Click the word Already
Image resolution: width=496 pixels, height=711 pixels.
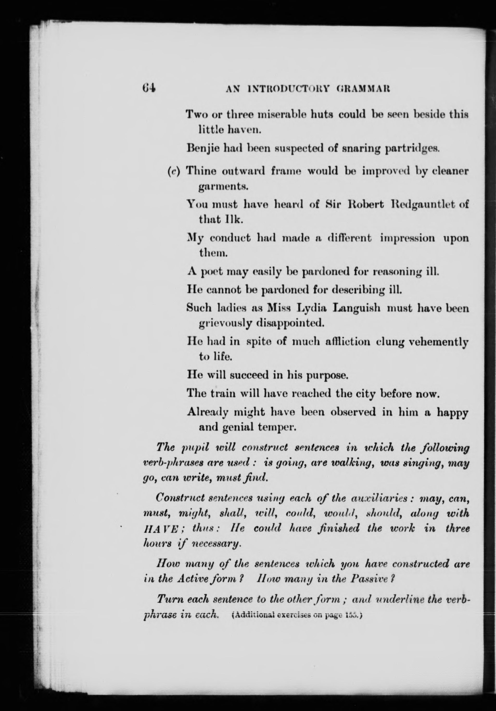click(x=208, y=412)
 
